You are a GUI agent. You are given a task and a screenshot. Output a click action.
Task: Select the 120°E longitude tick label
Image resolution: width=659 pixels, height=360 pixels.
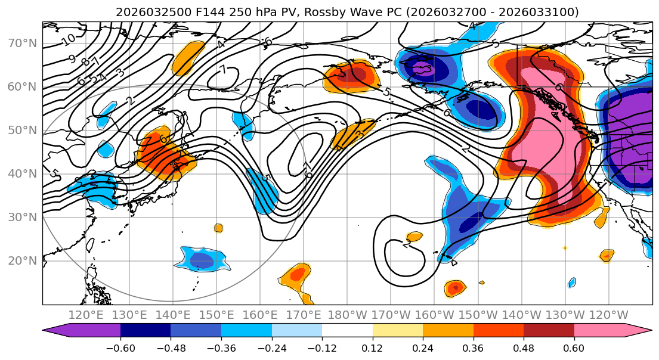(86, 315)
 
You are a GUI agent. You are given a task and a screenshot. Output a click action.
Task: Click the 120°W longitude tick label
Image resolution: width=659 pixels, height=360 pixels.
(608, 315)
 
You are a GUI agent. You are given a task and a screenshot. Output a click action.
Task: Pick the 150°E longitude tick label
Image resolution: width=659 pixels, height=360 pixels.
(217, 315)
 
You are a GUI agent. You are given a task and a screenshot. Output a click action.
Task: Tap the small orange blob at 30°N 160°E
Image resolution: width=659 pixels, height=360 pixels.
(218, 228)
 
